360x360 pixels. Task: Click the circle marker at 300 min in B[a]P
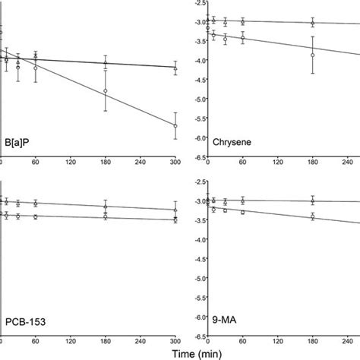pyautogui.click(x=175, y=126)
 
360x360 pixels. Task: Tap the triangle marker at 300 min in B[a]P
pyautogui.click(x=175, y=68)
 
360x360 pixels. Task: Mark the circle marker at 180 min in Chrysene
pyautogui.click(x=313, y=55)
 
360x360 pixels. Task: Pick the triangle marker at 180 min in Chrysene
pyautogui.click(x=313, y=23)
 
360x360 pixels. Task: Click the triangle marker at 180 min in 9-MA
pyautogui.click(x=313, y=201)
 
